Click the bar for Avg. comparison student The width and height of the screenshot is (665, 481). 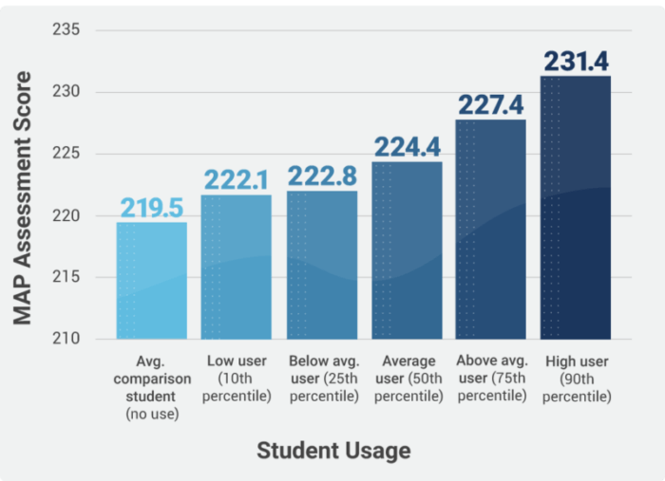click(x=152, y=281)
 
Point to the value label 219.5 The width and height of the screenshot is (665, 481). click(x=152, y=208)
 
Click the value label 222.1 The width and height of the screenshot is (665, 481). click(x=237, y=180)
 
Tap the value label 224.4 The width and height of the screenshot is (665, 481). click(x=407, y=148)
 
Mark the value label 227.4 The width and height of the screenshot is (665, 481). click(x=491, y=105)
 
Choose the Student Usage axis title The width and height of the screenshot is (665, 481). click(x=333, y=450)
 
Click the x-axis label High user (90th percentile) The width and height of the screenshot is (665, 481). click(x=576, y=379)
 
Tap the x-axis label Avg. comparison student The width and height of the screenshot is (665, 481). click(x=152, y=387)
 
